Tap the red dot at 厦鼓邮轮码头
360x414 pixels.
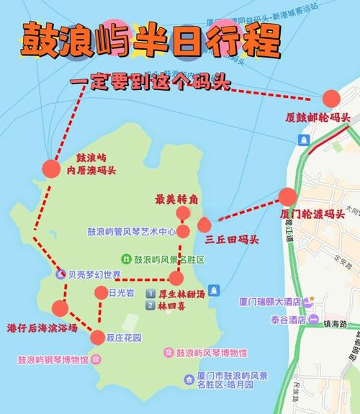coord(331,99)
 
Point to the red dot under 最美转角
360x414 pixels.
coord(183,214)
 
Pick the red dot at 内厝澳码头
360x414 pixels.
coord(50,168)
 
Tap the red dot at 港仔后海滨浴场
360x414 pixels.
coord(60,309)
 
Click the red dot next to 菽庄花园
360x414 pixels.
coord(98,337)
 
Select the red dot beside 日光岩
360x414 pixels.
coord(102,292)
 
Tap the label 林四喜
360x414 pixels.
coord(174,305)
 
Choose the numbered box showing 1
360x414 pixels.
coord(150,294)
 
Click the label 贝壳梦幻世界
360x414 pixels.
coord(94,274)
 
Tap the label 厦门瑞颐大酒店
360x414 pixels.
coord(270,302)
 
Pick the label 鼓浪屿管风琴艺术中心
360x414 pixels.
coord(132,232)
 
